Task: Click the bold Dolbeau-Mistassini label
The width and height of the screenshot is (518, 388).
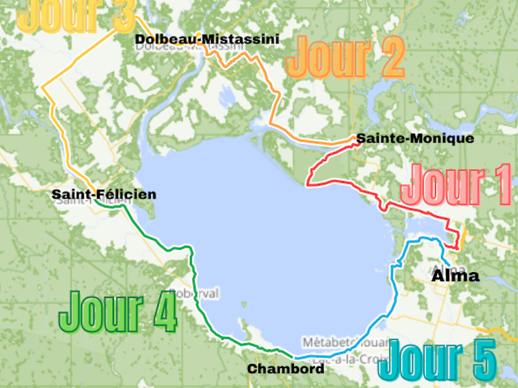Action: point(207,40)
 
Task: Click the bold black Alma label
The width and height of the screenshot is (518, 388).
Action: point(455,276)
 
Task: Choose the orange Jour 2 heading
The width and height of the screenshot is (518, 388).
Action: point(344,56)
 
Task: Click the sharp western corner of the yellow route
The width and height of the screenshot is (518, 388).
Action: point(41,87)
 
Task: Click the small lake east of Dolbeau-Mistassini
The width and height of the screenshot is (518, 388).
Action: point(227,97)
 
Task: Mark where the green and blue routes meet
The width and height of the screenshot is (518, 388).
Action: point(295,358)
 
